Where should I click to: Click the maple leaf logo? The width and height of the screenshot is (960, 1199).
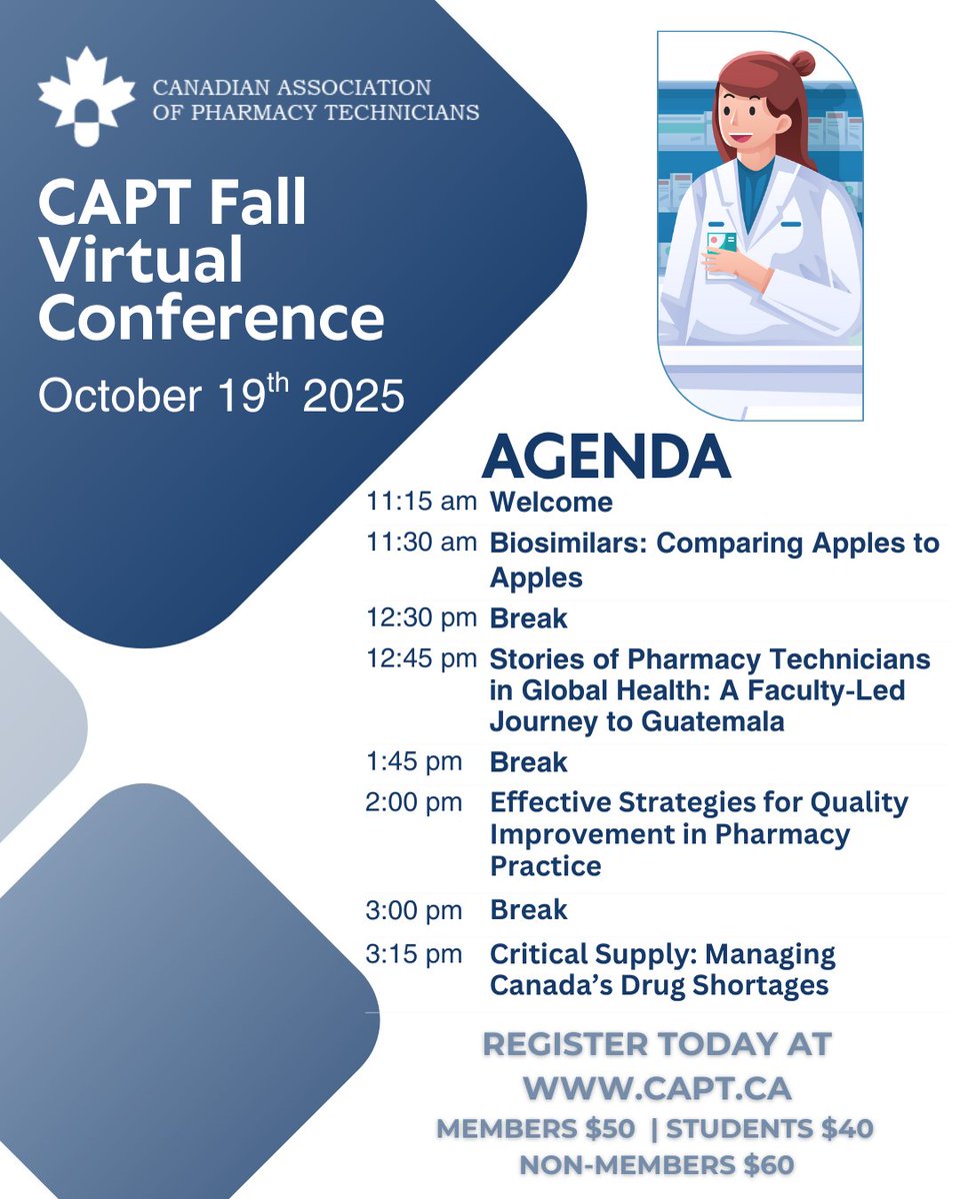click(x=86, y=93)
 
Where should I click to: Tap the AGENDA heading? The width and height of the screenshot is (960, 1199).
click(x=606, y=458)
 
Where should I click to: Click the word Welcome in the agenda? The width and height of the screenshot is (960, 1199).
click(x=551, y=502)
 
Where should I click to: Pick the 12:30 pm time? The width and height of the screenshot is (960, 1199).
click(x=422, y=618)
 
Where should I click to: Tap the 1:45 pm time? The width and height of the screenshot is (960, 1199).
click(x=414, y=762)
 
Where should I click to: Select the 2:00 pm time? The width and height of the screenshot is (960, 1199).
click(x=414, y=802)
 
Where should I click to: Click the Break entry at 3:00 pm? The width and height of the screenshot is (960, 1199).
click(x=528, y=910)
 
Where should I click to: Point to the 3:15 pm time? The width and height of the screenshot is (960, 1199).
click(x=414, y=954)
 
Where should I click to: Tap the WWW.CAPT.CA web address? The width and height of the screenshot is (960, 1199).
click(x=657, y=1086)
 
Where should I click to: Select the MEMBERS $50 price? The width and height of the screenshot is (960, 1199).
click(x=535, y=1129)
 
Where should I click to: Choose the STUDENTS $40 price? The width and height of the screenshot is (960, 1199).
click(x=769, y=1129)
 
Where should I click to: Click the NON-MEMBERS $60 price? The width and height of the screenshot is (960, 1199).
click(x=657, y=1165)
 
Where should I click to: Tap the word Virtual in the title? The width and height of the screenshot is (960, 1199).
click(x=141, y=262)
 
